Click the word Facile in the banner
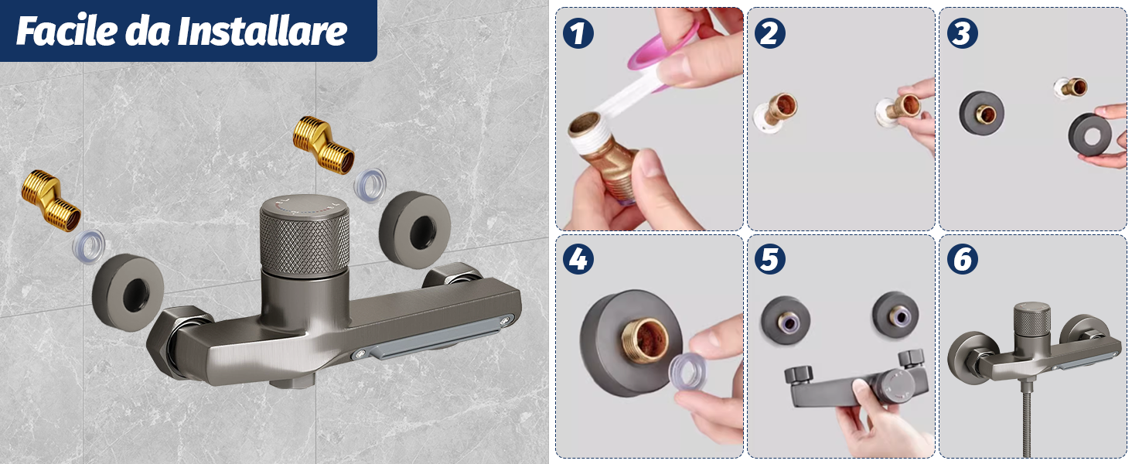tap(66, 31)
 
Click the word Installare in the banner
tap(262, 31)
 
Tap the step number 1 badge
tap(578, 33)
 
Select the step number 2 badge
tap(769, 33)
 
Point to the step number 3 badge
tap(962, 33)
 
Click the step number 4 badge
tap(578, 259)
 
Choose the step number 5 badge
tap(769, 259)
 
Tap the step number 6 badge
tap(962, 259)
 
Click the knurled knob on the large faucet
tap(304, 235)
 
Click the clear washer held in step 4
tap(688, 370)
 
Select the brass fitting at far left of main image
tap(50, 200)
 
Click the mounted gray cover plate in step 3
tap(981, 113)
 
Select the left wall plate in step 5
tap(786, 320)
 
